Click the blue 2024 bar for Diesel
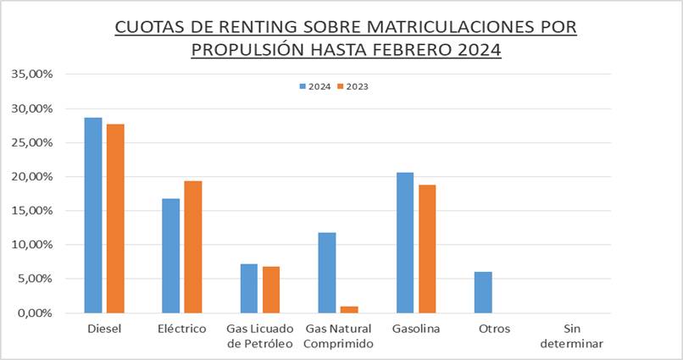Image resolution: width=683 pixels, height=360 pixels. point(92,215)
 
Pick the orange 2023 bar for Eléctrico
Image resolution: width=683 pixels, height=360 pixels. point(192,246)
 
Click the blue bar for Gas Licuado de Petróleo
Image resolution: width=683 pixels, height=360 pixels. point(248,288)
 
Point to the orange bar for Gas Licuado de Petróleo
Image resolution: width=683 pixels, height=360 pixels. point(270,290)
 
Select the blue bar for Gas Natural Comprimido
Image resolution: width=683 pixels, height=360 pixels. point(326,273)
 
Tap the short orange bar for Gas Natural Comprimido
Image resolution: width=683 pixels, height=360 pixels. point(348,309)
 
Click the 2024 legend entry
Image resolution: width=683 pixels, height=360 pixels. point(314,86)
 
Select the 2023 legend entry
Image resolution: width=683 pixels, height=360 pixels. point(353,86)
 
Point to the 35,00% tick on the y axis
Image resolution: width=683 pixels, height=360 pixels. point(32,75)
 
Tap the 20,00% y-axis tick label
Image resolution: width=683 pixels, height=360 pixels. point(32,177)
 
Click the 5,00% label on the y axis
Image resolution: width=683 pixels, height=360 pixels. point(35,279)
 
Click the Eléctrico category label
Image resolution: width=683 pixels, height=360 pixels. point(181,329)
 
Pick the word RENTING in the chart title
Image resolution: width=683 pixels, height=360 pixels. point(232,27)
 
